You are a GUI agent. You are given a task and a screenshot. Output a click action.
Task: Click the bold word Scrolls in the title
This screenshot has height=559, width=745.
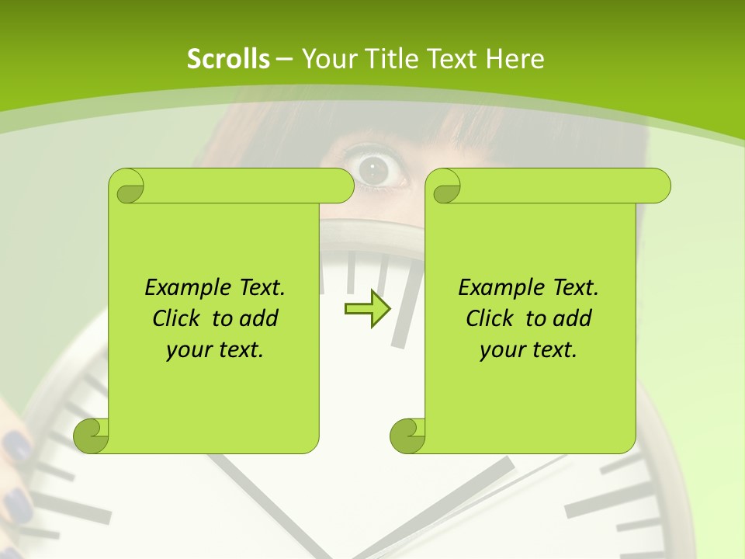[x=228, y=59]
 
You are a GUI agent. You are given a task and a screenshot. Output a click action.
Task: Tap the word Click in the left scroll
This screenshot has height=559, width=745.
[x=178, y=318]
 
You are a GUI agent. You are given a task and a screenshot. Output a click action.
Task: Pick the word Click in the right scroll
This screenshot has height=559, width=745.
[x=492, y=318]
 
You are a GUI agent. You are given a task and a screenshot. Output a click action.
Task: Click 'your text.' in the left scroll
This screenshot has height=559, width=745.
[x=215, y=349]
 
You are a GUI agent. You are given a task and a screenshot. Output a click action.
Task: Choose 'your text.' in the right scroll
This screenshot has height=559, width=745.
[x=528, y=349]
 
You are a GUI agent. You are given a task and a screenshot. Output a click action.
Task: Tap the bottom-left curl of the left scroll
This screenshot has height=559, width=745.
[x=92, y=434]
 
